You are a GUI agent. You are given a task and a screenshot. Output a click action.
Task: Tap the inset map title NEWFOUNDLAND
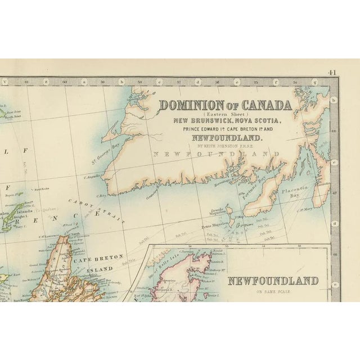click(272, 280)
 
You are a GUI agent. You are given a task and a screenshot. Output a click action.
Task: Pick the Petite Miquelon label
click(201, 226)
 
